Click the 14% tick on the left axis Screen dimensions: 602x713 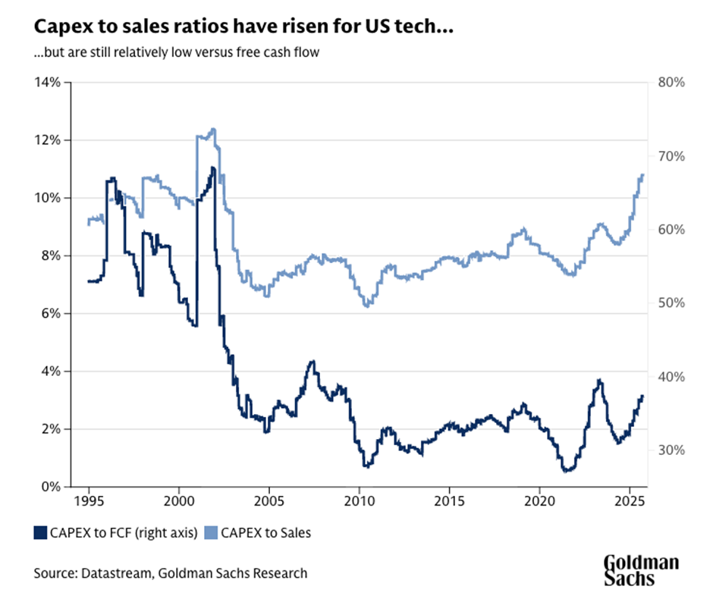pyautogui.click(x=47, y=82)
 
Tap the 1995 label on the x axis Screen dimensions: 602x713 pyautogui.click(x=89, y=502)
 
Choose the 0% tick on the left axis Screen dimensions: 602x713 pyautogui.click(x=50, y=486)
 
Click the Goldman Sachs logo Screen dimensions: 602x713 pyautogui.click(x=641, y=570)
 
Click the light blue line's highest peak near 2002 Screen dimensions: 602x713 pyautogui.click(x=213, y=130)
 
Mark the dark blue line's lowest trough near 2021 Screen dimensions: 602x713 pyautogui.click(x=565, y=471)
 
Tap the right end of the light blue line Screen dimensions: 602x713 pyautogui.click(x=642, y=175)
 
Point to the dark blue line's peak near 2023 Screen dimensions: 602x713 pyautogui.click(x=599, y=381)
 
